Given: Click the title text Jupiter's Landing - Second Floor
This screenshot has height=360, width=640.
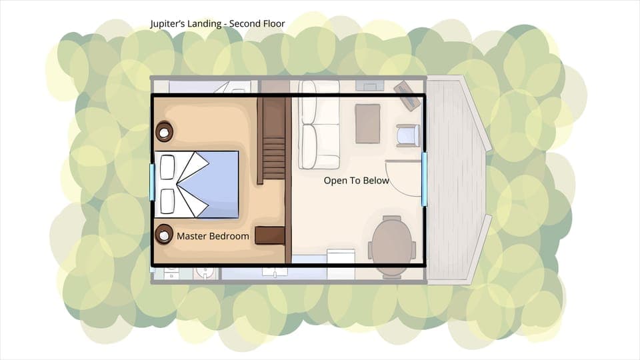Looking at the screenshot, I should tap(218, 24).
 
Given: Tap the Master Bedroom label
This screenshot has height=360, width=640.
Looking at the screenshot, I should tap(213, 236).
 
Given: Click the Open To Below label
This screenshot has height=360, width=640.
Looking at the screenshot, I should tap(356, 181).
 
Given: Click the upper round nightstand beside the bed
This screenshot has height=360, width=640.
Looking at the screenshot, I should tap(164, 131).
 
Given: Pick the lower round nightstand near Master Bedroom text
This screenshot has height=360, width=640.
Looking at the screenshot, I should tap(164, 234).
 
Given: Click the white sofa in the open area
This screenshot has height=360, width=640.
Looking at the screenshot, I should tap(319, 125).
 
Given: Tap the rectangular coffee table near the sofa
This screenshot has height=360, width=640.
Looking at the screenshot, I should tap(367, 123).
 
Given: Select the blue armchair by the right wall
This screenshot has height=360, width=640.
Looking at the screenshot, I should tap(407, 135).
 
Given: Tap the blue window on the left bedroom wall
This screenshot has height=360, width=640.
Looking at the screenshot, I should tap(152, 183).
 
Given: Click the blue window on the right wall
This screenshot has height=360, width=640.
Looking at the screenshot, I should tap(424, 178).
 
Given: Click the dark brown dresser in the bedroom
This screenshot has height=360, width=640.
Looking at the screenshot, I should tap(270, 235).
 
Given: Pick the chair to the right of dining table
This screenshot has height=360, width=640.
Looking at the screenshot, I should tap(414, 249).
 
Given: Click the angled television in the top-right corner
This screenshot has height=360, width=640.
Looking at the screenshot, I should tap(407, 95).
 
